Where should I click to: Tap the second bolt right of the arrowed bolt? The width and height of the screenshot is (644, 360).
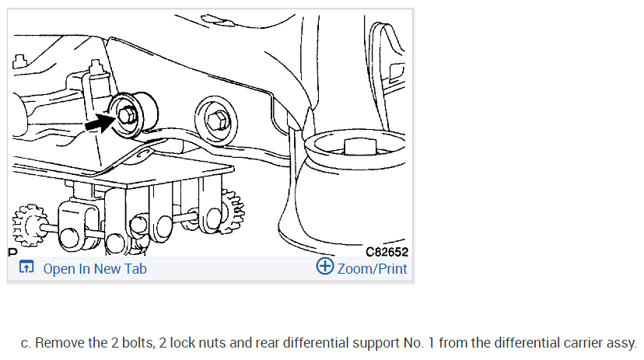(218, 119)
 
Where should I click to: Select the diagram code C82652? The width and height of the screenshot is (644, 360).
(386, 251)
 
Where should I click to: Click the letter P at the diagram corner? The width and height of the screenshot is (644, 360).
(12, 252)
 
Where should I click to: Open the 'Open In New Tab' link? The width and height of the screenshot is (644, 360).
(94, 268)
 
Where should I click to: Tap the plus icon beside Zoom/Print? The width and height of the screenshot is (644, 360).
(325, 267)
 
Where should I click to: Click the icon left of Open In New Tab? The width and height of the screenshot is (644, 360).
(26, 268)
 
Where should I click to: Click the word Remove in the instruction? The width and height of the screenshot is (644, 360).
(60, 343)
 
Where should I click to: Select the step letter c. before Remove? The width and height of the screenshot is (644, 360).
(26, 343)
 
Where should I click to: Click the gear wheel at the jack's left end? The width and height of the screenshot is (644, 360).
(31, 225)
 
